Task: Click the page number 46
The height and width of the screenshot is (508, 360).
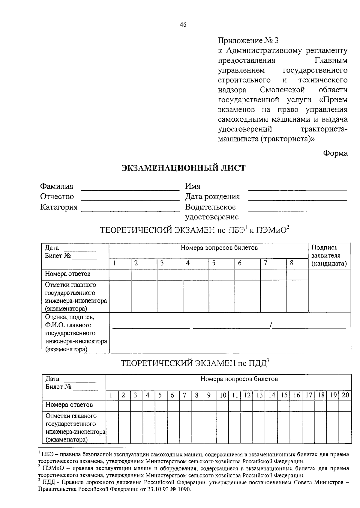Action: point(183,25)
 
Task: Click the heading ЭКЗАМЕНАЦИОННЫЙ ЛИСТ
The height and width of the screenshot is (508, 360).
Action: point(183,168)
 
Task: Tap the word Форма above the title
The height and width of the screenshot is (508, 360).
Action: point(335,153)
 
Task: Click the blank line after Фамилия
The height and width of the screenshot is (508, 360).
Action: point(130,189)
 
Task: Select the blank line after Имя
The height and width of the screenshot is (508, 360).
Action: point(297,189)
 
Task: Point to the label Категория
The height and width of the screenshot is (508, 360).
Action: point(59,207)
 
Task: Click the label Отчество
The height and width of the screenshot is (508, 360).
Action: point(57,197)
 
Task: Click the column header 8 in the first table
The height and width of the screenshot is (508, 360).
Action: point(292,263)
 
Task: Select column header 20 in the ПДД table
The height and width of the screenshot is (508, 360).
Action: point(345,395)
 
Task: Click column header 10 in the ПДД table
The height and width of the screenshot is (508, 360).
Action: point(222,395)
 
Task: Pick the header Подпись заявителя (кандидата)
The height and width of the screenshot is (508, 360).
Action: point(329,256)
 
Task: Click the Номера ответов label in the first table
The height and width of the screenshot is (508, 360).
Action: point(67,274)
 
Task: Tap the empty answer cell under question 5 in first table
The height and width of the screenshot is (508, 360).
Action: point(221,275)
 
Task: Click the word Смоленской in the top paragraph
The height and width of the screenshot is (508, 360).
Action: point(282,90)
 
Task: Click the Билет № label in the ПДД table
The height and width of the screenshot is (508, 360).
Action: point(58,387)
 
